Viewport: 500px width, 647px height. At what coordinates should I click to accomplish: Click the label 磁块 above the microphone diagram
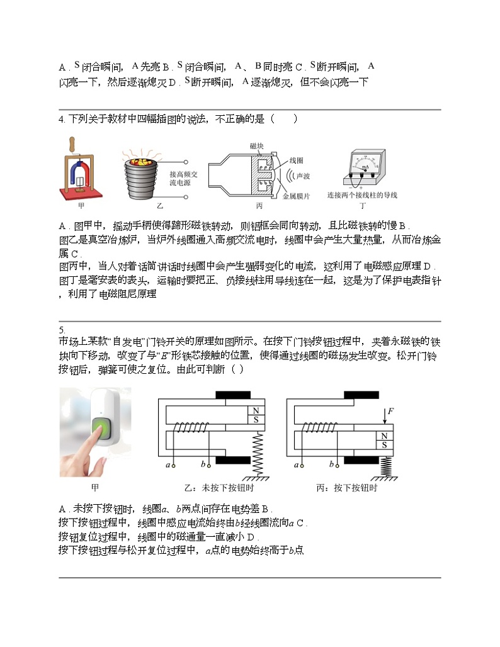click(x=257, y=146)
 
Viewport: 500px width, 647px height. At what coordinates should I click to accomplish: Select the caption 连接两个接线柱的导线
click(x=362, y=195)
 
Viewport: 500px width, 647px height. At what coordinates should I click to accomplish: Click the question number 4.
click(x=61, y=119)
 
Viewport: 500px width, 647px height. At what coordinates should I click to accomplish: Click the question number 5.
click(x=61, y=330)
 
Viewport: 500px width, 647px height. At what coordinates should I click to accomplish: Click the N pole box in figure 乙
click(x=256, y=411)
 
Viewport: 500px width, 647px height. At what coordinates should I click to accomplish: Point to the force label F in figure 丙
click(x=390, y=412)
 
